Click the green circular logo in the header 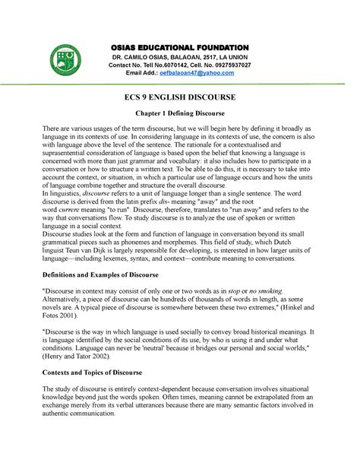72,62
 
